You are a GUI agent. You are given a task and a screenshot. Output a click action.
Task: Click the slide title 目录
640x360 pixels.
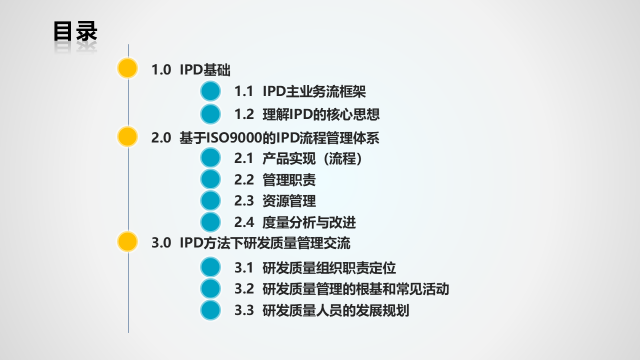click(x=75, y=31)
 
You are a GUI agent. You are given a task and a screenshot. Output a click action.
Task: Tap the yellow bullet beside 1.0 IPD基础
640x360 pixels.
click(x=127, y=68)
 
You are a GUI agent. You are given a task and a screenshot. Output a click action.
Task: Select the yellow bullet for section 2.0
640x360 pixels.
click(x=127, y=136)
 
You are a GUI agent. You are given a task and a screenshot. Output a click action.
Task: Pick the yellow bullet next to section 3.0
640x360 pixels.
click(x=127, y=241)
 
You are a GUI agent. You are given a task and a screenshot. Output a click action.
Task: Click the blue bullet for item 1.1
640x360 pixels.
click(x=210, y=91)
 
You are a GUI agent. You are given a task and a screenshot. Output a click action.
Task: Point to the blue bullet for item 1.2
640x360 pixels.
click(x=210, y=114)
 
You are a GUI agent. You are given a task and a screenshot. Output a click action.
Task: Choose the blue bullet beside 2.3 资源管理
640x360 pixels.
click(x=210, y=200)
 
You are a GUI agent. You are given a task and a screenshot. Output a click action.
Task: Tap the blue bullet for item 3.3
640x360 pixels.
click(x=210, y=310)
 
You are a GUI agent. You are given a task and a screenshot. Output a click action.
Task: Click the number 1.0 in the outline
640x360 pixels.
click(x=161, y=70)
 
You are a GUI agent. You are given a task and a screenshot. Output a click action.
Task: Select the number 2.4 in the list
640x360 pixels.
click(x=244, y=222)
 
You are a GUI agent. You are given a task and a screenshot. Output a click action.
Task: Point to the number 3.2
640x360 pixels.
click(x=244, y=289)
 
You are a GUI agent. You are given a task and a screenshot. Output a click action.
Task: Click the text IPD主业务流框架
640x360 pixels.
click(x=314, y=91)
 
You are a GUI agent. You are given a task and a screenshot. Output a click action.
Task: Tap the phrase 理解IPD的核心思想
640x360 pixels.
click(x=321, y=114)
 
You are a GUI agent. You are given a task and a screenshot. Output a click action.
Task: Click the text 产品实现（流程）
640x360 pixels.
click(x=312, y=159)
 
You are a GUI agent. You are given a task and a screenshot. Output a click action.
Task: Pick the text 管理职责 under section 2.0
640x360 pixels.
click(x=289, y=180)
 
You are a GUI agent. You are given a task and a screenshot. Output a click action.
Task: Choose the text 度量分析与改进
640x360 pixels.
click(x=309, y=222)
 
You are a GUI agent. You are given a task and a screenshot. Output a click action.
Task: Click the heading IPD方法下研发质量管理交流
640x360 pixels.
click(x=265, y=243)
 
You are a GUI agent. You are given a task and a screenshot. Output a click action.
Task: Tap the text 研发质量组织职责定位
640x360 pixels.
click(x=329, y=268)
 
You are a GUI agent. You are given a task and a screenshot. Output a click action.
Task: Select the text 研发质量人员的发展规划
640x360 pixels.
click(x=335, y=310)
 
